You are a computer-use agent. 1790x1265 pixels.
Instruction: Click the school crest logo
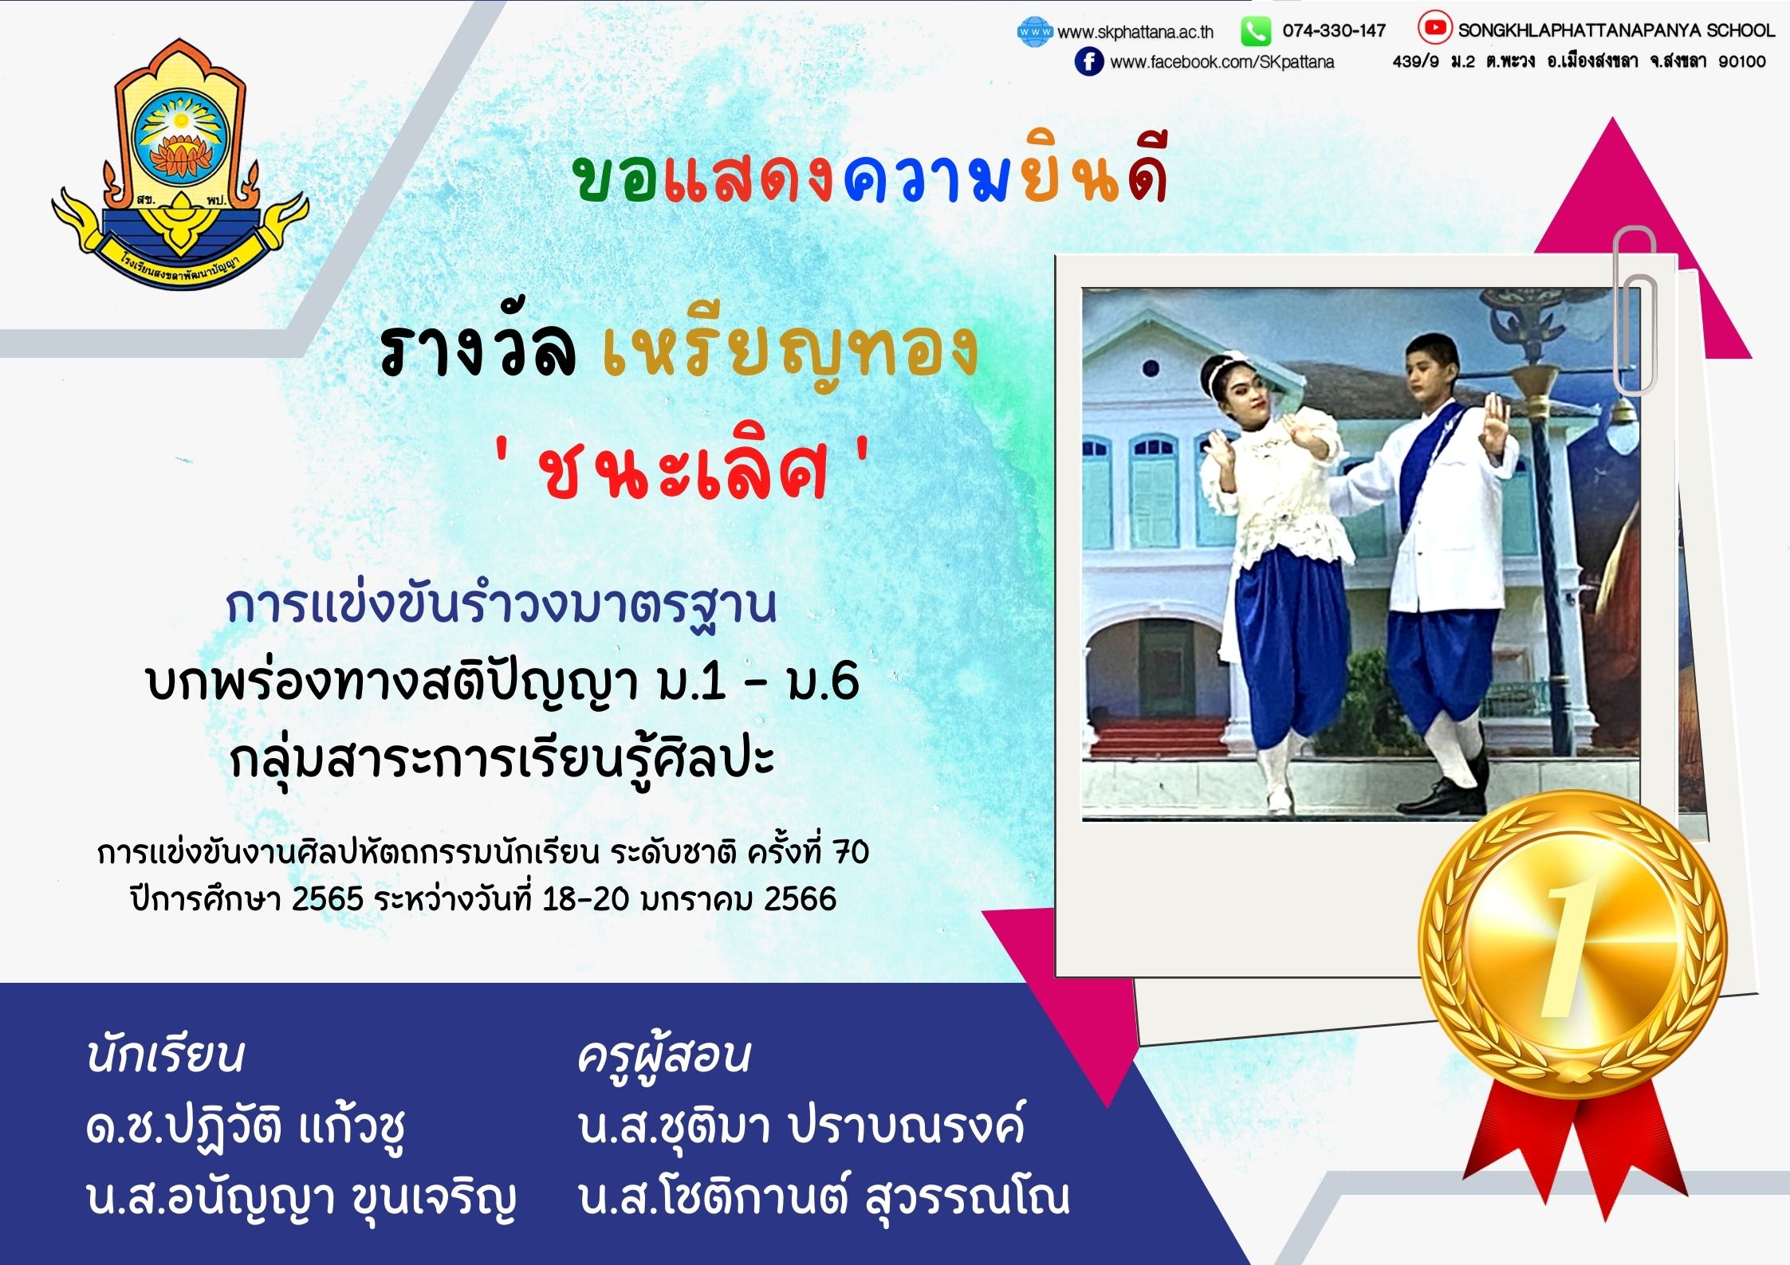180,163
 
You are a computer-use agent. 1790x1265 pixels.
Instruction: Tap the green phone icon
1256,32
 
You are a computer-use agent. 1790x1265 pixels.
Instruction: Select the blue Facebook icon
1088,61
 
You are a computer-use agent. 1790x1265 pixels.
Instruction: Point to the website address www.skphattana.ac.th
1135,32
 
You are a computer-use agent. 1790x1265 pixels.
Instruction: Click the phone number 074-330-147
1334,31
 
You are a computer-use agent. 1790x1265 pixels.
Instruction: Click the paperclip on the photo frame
1635,311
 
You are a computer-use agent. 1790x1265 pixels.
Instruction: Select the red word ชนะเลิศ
683,471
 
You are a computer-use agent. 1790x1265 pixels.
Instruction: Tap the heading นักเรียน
165,1055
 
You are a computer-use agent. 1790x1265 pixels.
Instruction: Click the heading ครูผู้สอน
663,1056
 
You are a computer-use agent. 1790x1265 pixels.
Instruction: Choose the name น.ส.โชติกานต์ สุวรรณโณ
824,1197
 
